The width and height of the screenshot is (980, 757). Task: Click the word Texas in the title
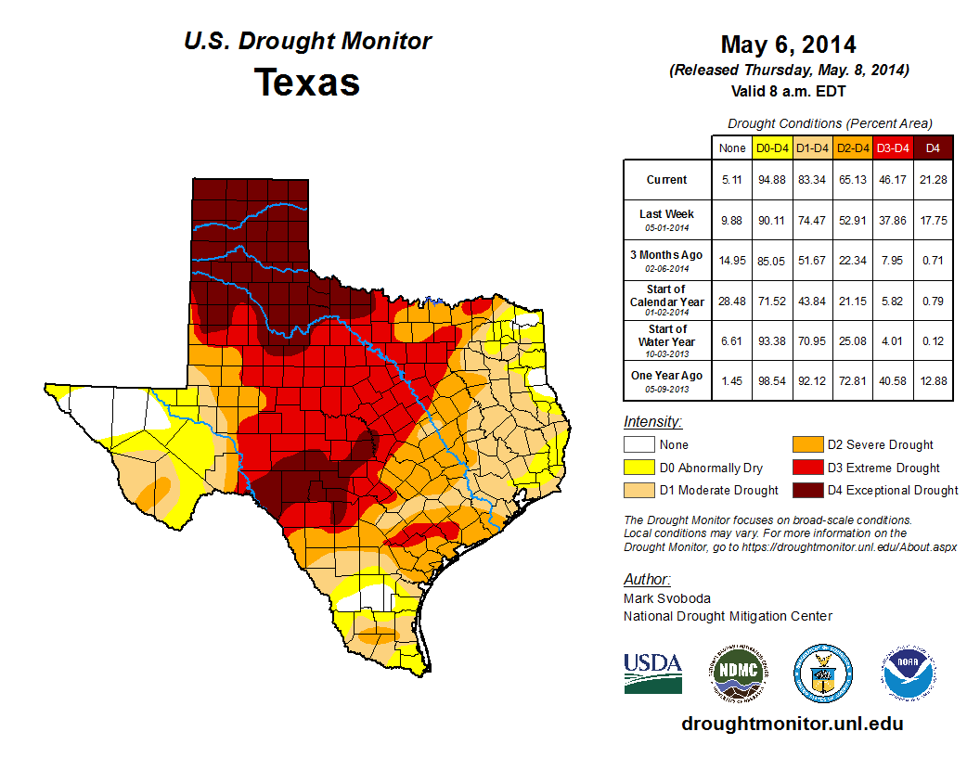click(307, 82)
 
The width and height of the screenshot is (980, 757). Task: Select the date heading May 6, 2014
click(788, 45)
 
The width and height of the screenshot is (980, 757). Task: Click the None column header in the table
click(731, 148)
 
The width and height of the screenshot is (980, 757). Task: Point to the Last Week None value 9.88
click(731, 220)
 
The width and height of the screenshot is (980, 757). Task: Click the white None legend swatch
click(639, 445)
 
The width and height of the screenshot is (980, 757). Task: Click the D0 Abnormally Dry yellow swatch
click(639, 468)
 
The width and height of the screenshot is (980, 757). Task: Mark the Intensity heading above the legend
click(652, 422)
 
